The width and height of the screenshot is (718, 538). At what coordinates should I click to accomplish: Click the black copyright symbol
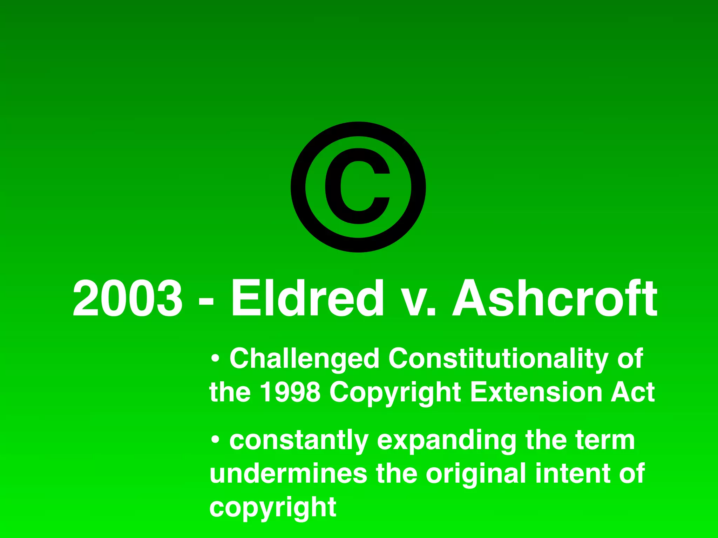(358, 187)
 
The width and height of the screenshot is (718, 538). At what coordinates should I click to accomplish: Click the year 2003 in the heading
(127, 298)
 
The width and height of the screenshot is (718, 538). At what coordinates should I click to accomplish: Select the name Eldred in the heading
(307, 298)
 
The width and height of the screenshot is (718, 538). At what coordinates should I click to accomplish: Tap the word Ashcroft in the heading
(555, 298)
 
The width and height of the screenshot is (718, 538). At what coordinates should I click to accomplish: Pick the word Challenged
(304, 359)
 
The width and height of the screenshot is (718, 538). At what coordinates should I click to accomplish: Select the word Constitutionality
(498, 359)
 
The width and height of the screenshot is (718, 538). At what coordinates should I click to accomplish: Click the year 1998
(290, 392)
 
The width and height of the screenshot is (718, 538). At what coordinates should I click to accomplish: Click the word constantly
(299, 441)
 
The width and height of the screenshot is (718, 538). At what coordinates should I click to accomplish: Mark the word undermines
(288, 473)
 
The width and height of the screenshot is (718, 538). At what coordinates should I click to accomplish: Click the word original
(476, 474)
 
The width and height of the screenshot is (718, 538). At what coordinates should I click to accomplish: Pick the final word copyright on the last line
(273, 507)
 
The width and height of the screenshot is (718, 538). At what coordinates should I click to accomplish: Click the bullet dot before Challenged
(215, 359)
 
